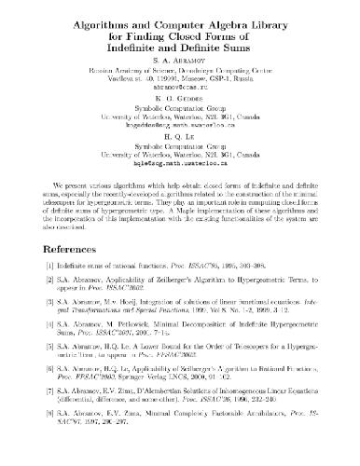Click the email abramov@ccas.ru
180,83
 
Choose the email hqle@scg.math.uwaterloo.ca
180,161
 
